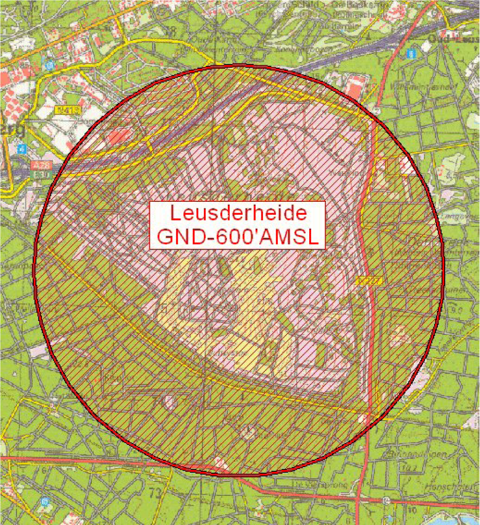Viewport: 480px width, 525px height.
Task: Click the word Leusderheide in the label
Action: (238, 214)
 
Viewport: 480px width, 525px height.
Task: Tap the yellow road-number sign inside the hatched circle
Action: (368, 281)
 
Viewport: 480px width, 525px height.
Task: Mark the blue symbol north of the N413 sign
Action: (51, 65)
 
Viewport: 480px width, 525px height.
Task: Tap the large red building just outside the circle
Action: (355, 83)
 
